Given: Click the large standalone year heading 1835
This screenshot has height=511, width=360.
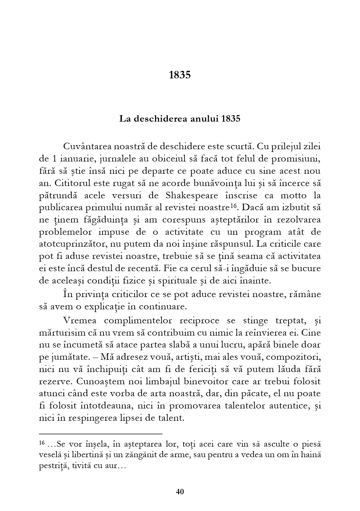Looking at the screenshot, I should pyautogui.click(x=179, y=75).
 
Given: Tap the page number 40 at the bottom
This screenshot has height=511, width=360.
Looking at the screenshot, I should pyautogui.click(x=180, y=492).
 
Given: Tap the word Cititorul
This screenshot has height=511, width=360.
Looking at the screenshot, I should pyautogui.click(x=72, y=183).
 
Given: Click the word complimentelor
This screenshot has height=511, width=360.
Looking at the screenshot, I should pyautogui.click(x=135, y=320).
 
